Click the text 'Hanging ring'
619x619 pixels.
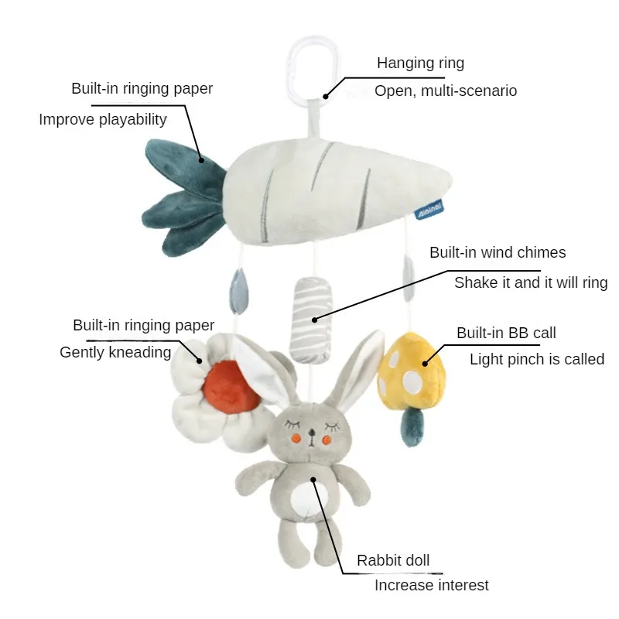[420, 63]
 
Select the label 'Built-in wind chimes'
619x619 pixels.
[498, 253]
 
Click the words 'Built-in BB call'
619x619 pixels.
[506, 333]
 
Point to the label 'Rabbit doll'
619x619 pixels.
[393, 560]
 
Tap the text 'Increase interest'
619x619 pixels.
[432, 586]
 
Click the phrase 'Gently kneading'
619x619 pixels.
[115, 353]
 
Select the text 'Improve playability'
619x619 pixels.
[103, 120]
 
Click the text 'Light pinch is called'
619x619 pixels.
[537, 359]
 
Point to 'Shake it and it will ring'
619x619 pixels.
[531, 282]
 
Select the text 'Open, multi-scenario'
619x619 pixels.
[446, 91]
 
